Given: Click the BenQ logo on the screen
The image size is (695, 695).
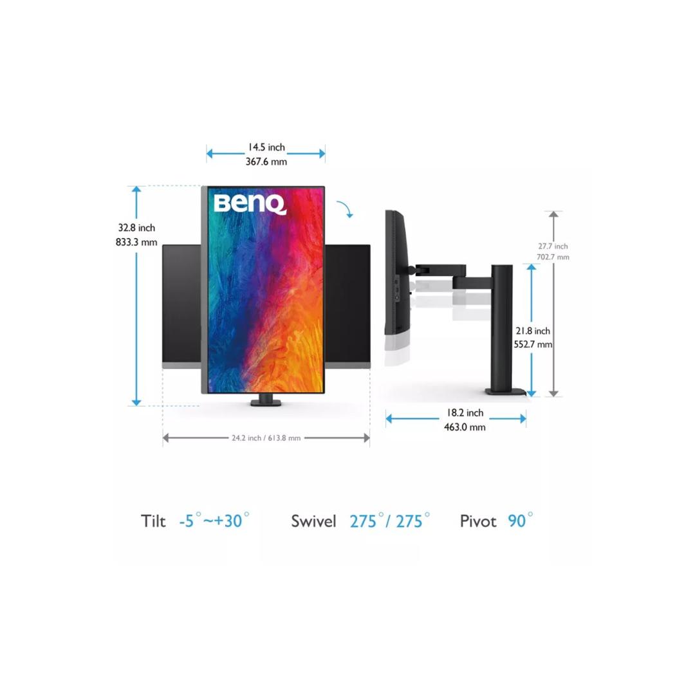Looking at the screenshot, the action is (x=250, y=204).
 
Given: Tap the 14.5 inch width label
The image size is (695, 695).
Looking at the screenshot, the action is (x=266, y=147).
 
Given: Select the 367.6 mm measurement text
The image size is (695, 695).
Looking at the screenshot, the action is (x=266, y=162).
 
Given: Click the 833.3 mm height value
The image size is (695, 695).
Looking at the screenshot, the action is (x=136, y=243).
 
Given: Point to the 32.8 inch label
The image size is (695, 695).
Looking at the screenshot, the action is (x=136, y=228).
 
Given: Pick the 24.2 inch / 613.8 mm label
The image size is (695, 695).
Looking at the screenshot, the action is (x=266, y=438).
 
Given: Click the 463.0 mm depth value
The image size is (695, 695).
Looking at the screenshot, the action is (x=465, y=427).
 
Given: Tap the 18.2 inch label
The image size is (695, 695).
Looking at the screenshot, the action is (x=465, y=412).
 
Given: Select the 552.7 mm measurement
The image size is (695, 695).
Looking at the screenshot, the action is (x=533, y=344).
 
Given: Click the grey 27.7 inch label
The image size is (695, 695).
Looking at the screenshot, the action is (x=553, y=246).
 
